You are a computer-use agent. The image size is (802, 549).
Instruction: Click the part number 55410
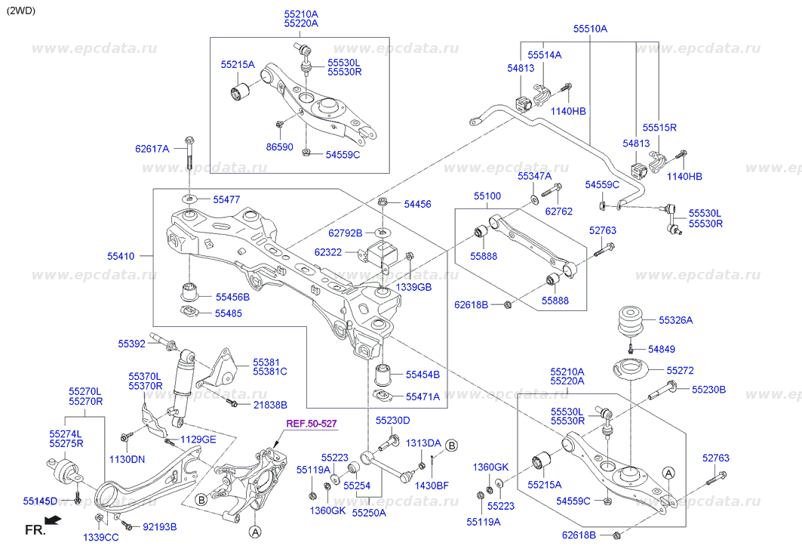[121, 257]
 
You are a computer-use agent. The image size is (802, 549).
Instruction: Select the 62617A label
[152, 149]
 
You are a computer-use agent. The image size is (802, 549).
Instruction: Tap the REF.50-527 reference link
[310, 424]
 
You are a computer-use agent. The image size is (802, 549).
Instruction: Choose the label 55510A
[589, 29]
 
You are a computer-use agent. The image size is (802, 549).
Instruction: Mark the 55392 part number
[131, 344]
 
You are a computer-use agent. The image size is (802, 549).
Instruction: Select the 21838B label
[269, 406]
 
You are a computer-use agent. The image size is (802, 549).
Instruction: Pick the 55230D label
[392, 421]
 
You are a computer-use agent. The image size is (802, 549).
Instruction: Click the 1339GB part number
[414, 288]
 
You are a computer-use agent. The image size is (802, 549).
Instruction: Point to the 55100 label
[487, 196]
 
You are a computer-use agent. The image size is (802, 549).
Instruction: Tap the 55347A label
[534, 176]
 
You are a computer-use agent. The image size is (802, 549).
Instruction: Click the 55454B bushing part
[383, 374]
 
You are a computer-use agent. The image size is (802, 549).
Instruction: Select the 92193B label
[159, 526]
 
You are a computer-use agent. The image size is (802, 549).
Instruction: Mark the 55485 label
[229, 313]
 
